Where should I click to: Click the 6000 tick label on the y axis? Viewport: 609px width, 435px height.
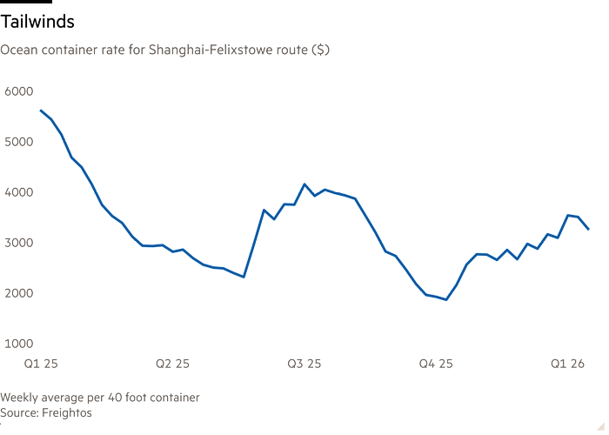pos(18,90)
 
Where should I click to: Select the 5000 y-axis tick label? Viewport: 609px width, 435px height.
pos(18,141)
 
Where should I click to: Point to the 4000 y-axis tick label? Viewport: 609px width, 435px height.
pos(18,191)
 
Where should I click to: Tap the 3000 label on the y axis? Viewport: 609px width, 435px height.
pos(18,242)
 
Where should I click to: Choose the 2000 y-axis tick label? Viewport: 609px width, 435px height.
pos(18,292)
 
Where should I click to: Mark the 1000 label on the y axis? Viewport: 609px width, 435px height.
pos(18,343)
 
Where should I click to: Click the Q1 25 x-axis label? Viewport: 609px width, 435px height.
pos(40,361)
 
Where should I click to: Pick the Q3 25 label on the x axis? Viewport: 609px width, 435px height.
pos(304,361)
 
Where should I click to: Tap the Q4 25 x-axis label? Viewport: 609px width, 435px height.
pos(436,361)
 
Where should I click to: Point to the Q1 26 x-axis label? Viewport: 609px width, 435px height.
pos(567,361)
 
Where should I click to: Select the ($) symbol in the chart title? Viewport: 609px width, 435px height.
pos(320,50)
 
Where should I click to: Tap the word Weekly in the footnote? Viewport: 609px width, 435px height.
pos(20,398)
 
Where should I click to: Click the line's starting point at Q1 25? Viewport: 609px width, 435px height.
pos(40,110)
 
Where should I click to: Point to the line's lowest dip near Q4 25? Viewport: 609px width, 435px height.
pos(446,300)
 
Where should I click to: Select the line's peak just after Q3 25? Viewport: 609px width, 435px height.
pos(304,184)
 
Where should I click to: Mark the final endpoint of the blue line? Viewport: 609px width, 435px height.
pos(589,230)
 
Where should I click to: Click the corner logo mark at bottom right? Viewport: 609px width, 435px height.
pos(599,425)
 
